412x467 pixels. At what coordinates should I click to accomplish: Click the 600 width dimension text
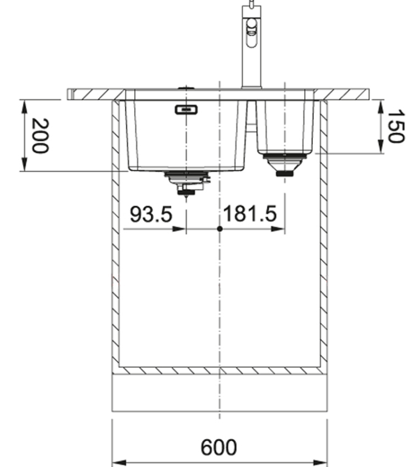[x=219, y=448]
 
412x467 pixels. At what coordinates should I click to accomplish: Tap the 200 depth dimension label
[x=39, y=135]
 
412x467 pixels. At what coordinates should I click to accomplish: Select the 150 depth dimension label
[x=395, y=126]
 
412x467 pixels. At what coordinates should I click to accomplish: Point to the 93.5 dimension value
[x=151, y=215]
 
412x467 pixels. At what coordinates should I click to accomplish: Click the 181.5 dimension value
[x=250, y=215]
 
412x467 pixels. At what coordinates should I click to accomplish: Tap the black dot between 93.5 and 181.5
[x=219, y=229]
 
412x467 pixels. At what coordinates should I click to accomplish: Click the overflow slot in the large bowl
[x=186, y=109]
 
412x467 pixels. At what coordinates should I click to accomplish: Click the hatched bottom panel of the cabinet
[x=219, y=370]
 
